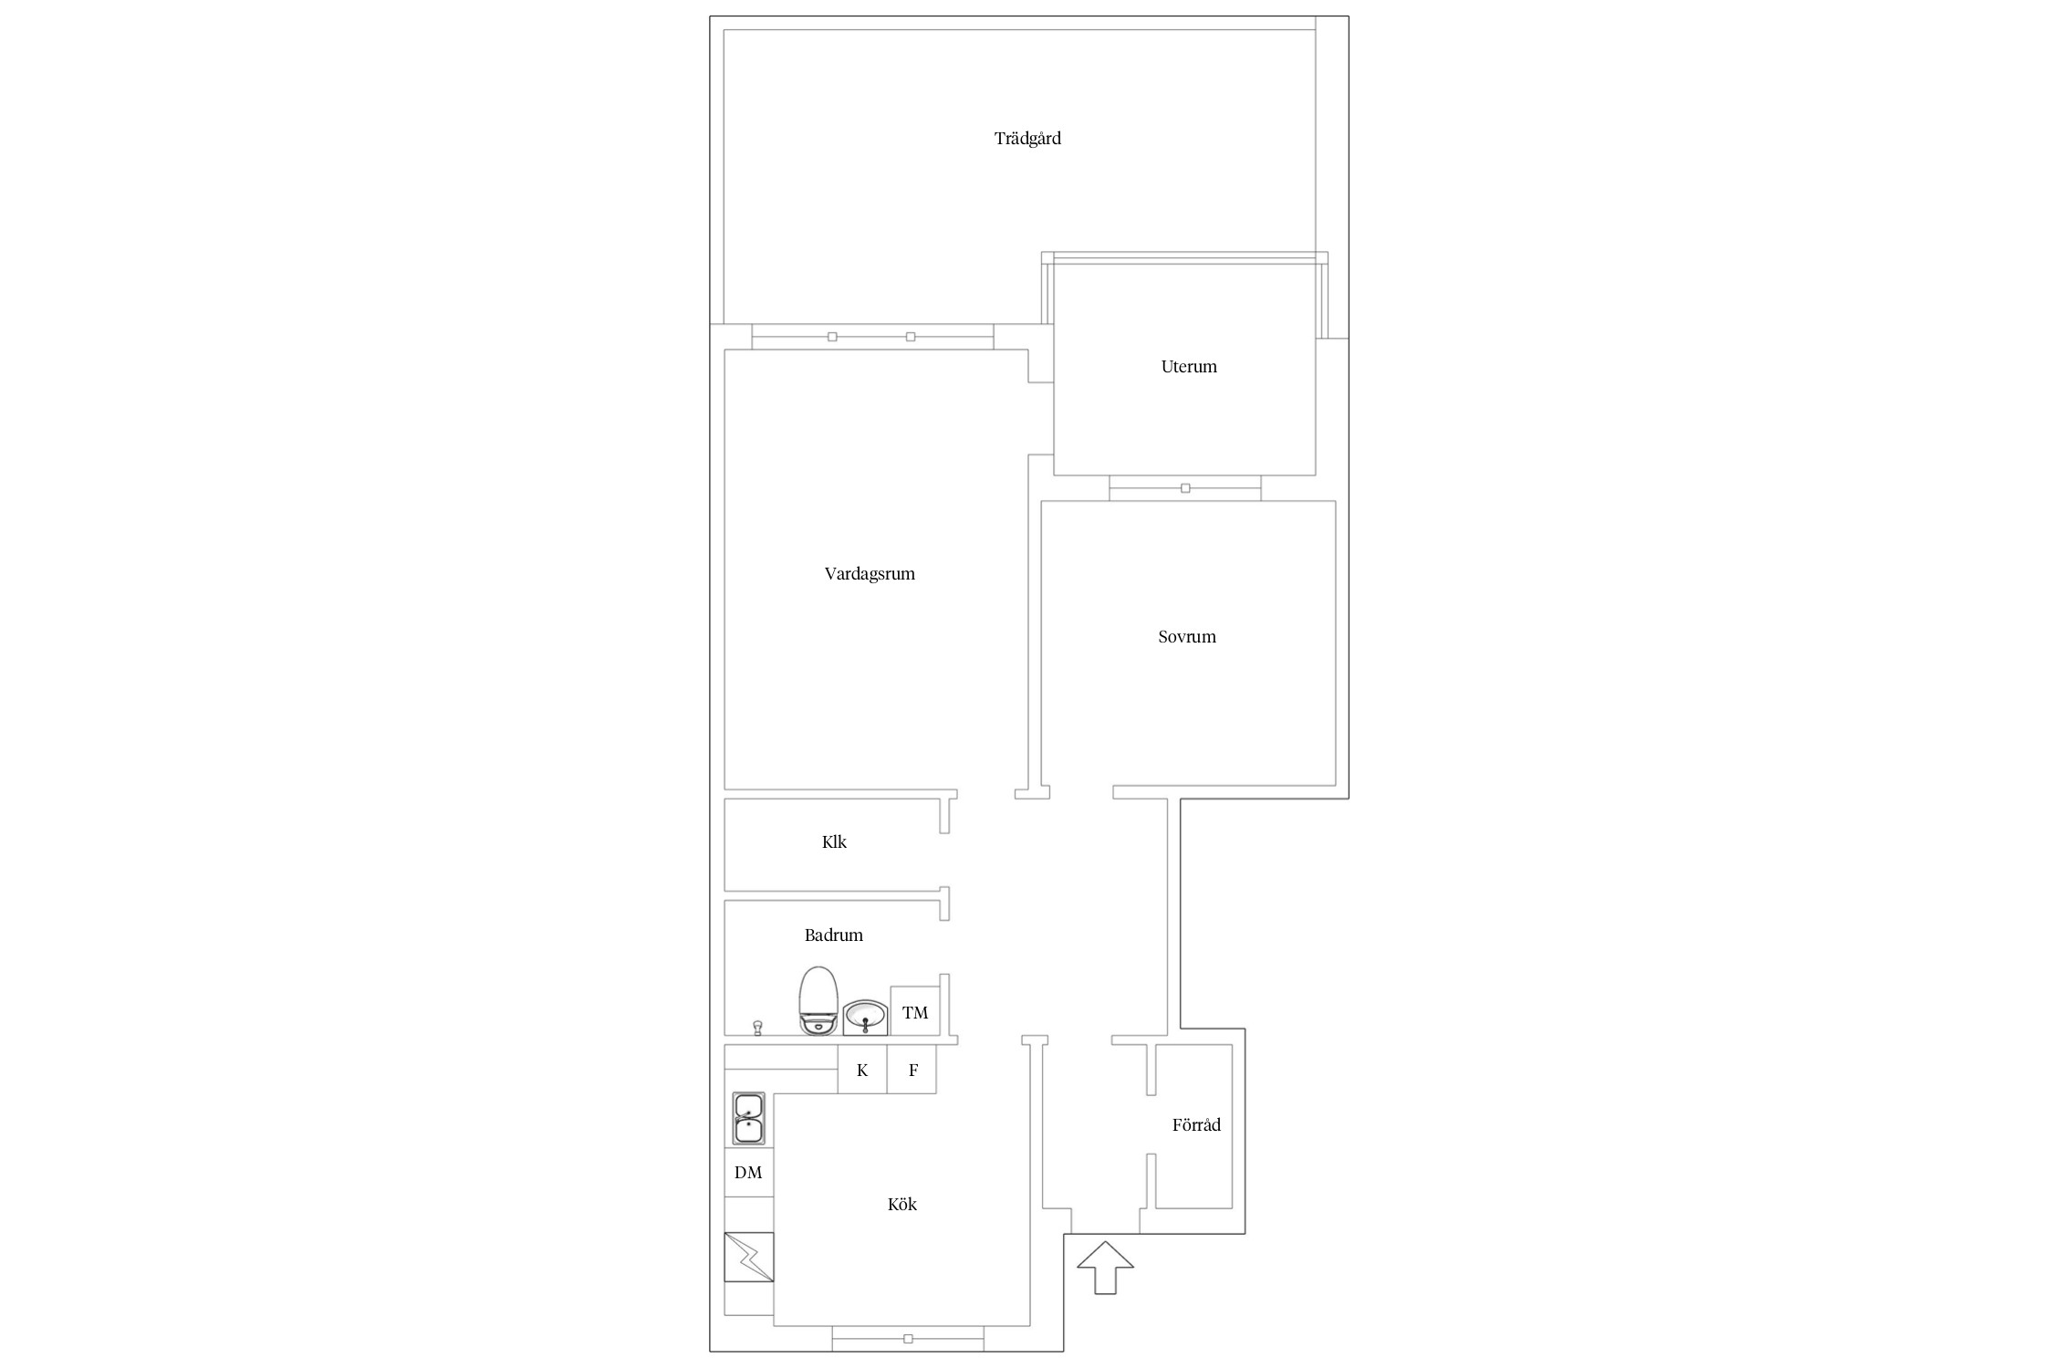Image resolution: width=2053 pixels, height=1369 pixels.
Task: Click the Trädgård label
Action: [x=1027, y=139]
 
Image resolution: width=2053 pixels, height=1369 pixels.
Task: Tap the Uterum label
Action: [x=1189, y=367]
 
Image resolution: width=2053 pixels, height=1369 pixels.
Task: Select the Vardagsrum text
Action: [x=870, y=574]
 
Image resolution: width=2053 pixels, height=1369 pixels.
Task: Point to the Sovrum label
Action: [x=1187, y=637]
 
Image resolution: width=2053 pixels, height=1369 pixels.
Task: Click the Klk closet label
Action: [x=834, y=841]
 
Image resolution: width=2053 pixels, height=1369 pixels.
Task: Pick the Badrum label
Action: [x=833, y=935]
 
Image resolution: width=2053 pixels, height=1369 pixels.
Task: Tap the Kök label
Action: [x=901, y=1204]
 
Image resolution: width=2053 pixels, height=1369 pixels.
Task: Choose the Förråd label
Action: [x=1196, y=1124]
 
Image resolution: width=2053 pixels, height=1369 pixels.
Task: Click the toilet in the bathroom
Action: [x=818, y=1000]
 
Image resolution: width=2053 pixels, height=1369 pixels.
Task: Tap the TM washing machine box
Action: [x=915, y=1011]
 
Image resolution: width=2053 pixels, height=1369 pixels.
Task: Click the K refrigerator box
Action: [x=862, y=1070]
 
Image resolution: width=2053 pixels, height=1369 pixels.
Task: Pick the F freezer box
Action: [x=912, y=1070]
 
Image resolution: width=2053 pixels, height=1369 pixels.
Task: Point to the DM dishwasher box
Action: [x=748, y=1172]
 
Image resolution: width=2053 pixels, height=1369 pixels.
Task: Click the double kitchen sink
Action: [x=749, y=1119]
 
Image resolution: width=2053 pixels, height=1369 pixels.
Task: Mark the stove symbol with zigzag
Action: [x=749, y=1257]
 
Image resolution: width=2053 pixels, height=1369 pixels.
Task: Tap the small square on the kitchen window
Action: [x=908, y=1339]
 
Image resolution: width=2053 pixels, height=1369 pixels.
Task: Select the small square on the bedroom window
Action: [x=1185, y=488]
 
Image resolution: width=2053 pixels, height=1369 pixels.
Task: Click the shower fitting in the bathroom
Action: [x=756, y=1029]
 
